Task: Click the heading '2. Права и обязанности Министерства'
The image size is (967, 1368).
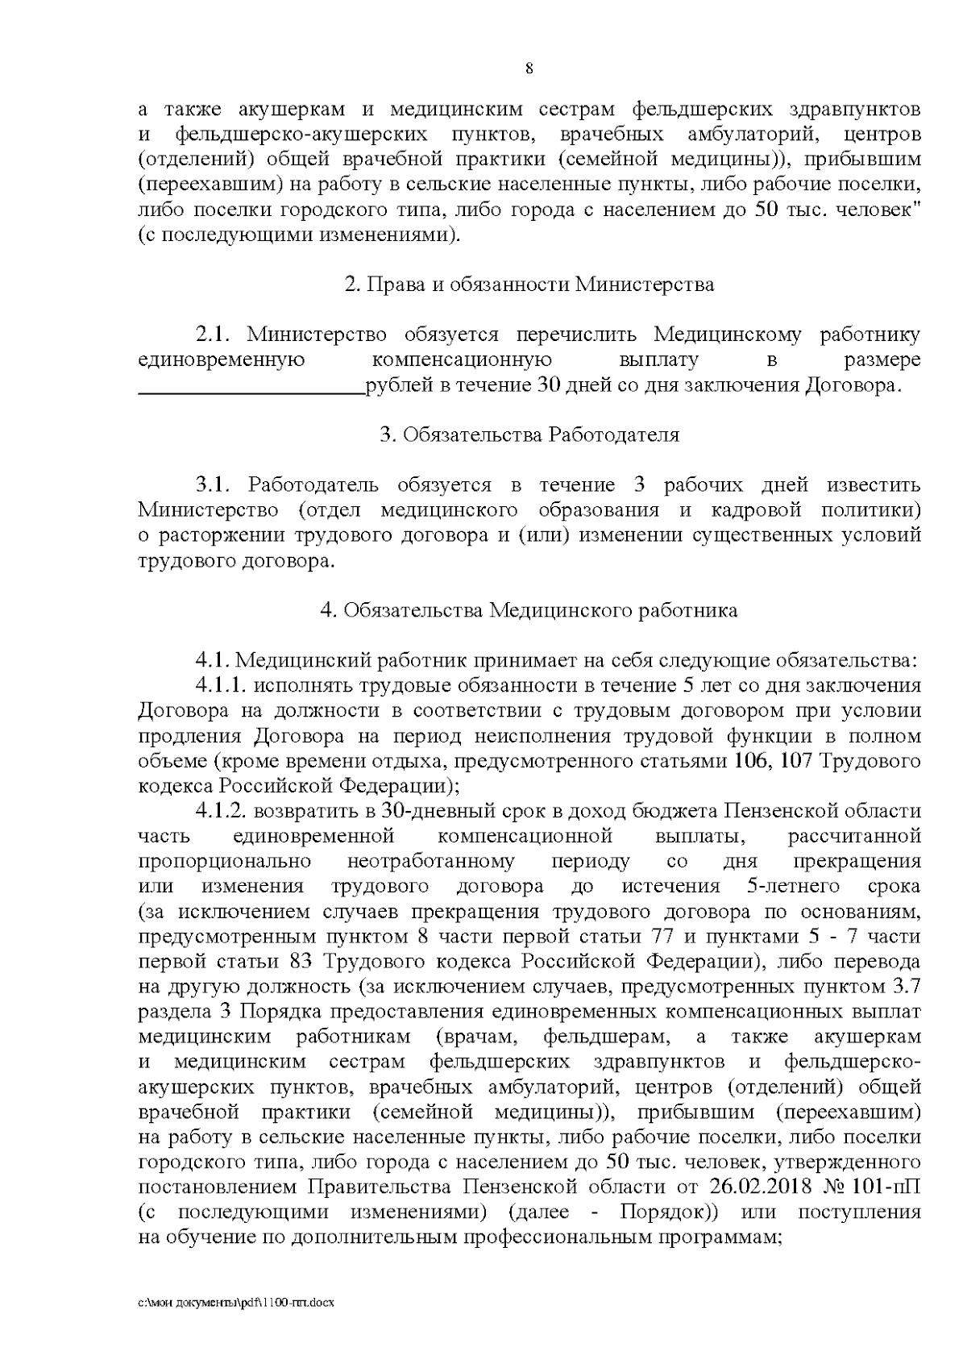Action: pyautogui.click(x=529, y=285)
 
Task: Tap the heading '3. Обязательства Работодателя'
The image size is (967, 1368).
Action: pyautogui.click(x=529, y=435)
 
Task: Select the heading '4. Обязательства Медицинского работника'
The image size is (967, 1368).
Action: pyautogui.click(x=529, y=610)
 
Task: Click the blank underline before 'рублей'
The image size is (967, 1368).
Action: pyautogui.click(x=251, y=387)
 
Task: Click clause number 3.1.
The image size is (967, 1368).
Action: pyautogui.click(x=214, y=485)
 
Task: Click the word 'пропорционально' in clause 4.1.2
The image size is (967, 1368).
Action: pyautogui.click(x=223, y=861)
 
